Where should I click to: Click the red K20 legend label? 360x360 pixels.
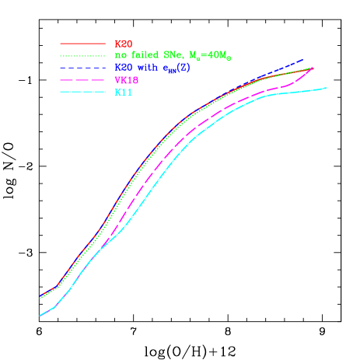tap(123, 44)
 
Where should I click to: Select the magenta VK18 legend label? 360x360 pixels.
tap(126, 80)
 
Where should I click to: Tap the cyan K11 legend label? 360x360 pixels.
tap(123, 93)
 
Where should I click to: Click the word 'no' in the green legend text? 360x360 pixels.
tap(120, 56)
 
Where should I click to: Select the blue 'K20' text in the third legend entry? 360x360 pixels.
tap(123, 68)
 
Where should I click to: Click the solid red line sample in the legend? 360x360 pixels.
tap(82, 44)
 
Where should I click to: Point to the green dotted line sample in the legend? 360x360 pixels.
tap(82, 56)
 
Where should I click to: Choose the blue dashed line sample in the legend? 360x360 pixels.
tap(82, 68)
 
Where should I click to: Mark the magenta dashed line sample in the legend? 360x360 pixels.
tap(82, 80)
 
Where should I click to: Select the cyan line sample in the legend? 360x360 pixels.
tap(82, 93)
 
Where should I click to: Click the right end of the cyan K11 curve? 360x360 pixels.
tap(327, 88)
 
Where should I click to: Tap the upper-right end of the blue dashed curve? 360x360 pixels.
tap(302, 59)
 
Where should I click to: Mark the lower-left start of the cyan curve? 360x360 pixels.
tap(40, 316)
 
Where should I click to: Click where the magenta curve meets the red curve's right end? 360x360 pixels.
tap(313, 68)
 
